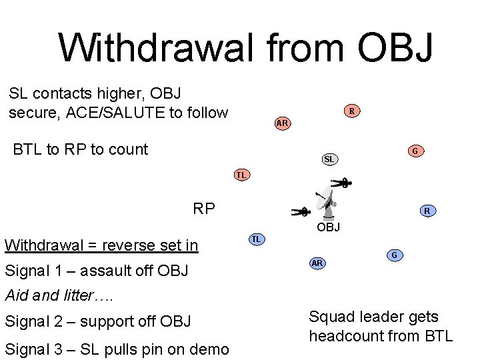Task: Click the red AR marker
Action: pyautogui.click(x=282, y=123)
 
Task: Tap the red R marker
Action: pyautogui.click(x=352, y=111)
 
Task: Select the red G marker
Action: pyautogui.click(x=415, y=151)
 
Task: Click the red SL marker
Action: pyautogui.click(x=329, y=159)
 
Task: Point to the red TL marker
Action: pyautogui.click(x=241, y=175)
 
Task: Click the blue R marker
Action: pyautogui.click(x=427, y=211)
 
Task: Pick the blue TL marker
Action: pyautogui.click(x=257, y=239)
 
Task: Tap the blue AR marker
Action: pyautogui.click(x=317, y=263)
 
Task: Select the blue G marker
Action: pyautogui.click(x=394, y=255)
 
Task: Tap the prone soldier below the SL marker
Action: pyautogui.click(x=342, y=182)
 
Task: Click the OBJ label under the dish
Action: pyautogui.click(x=328, y=227)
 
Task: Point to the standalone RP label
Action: pyautogui.click(x=204, y=209)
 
